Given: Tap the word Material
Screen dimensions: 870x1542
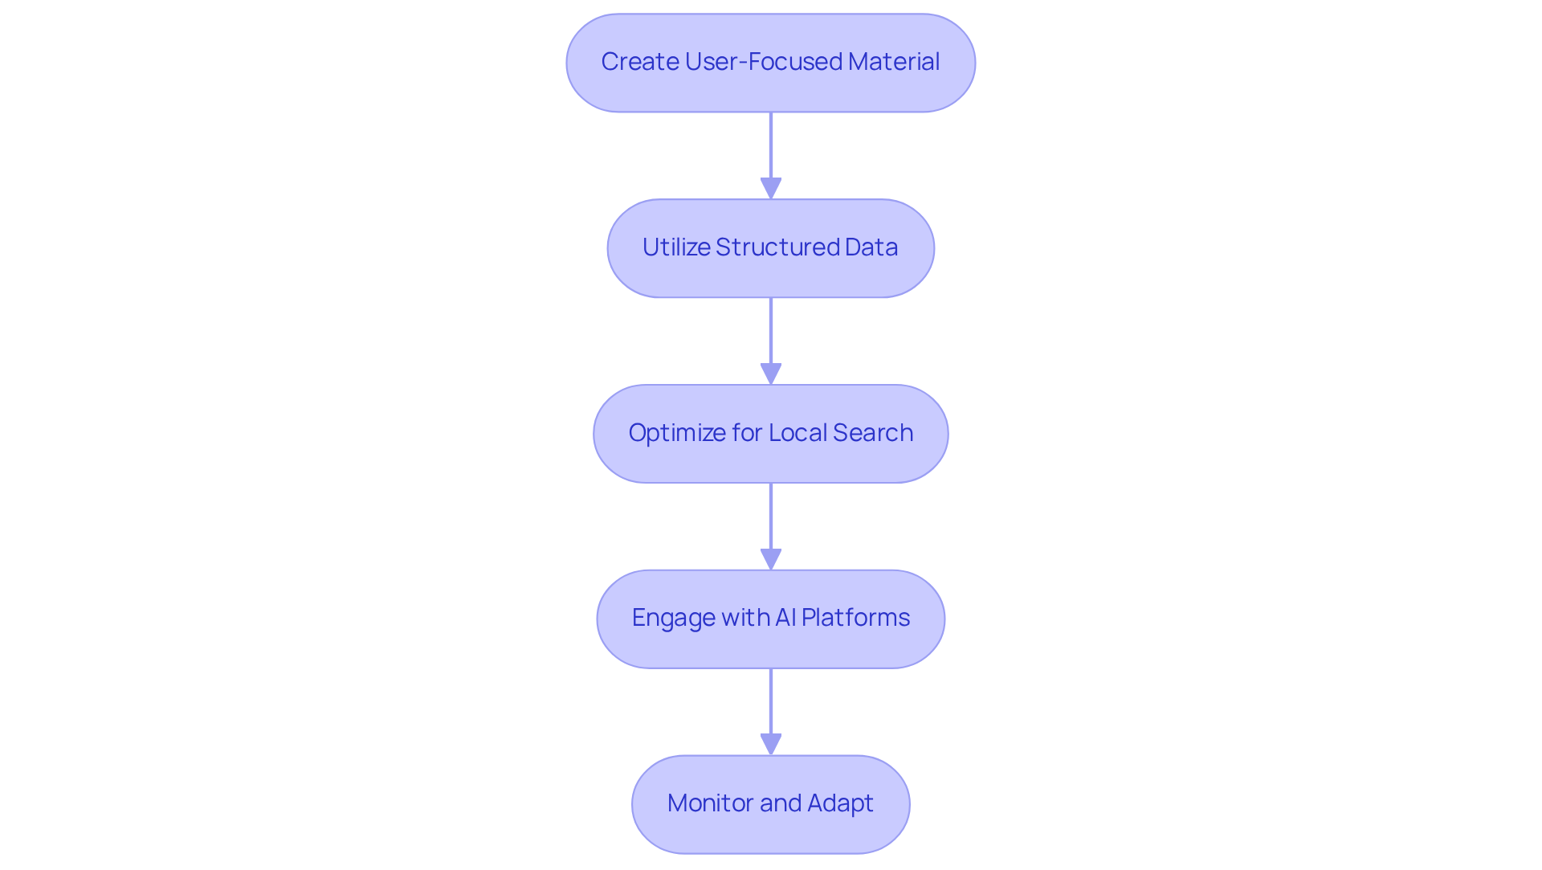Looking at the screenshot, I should (893, 62).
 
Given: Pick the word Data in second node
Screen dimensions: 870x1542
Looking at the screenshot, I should (871, 247).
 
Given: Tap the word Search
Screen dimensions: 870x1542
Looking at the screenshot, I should (873, 433).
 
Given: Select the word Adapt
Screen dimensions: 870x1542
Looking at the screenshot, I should (840, 803).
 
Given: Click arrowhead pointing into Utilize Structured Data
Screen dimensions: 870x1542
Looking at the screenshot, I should (771, 189).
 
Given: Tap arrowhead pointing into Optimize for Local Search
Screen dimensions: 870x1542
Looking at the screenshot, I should (771, 374).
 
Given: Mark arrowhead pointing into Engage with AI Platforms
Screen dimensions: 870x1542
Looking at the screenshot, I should (771, 560).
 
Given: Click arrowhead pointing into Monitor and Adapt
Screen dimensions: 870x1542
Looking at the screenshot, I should (771, 745).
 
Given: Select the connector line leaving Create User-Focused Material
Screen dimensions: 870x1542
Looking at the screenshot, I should (771, 145).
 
